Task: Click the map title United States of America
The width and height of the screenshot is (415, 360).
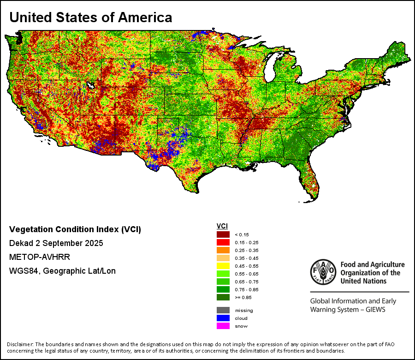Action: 91,18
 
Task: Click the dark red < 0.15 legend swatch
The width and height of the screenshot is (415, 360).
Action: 223,234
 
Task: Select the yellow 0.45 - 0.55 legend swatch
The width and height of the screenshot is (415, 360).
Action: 223,266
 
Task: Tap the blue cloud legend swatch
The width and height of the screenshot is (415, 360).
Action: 223,318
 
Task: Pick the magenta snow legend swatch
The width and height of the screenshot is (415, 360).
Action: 223,326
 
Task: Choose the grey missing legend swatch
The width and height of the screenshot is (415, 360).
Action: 223,310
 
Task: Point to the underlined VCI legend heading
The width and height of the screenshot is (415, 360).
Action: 222,226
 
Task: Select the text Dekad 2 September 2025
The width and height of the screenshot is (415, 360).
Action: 56,243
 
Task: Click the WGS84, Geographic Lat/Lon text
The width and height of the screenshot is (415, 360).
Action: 62,271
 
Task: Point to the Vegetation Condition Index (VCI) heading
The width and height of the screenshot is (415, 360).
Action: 75,229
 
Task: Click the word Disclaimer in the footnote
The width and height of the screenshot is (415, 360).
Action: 20,344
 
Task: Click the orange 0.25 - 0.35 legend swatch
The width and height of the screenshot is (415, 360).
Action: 223,250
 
